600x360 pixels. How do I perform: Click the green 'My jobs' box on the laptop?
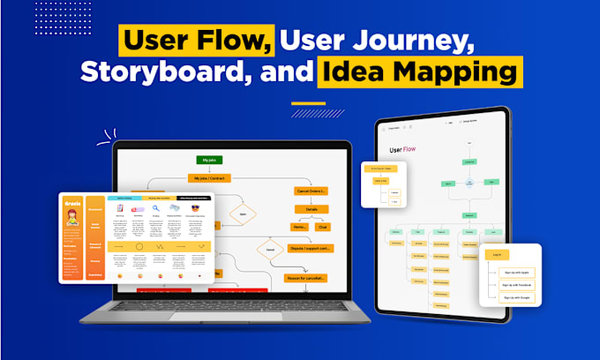pos(209,160)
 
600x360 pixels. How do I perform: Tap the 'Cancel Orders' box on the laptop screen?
pos(311,191)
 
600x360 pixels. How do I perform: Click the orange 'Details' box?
pos(311,210)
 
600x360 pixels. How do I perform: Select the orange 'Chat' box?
pos(324,227)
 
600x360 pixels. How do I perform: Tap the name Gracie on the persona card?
pos(71,203)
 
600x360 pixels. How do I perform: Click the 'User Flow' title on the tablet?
pos(402,151)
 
